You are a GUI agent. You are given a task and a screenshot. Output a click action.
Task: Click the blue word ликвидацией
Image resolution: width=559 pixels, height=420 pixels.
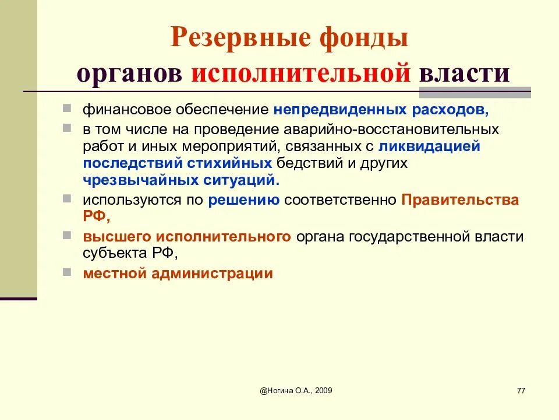point(429,146)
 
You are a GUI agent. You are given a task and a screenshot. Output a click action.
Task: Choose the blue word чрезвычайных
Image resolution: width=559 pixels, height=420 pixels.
point(130,180)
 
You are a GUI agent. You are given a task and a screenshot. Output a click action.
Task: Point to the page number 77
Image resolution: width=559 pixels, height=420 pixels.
point(521,390)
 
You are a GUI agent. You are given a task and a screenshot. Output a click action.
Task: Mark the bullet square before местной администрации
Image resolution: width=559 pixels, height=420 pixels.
point(68,271)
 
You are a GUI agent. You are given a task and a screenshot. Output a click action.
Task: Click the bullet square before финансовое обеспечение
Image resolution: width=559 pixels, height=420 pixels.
point(68,108)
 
